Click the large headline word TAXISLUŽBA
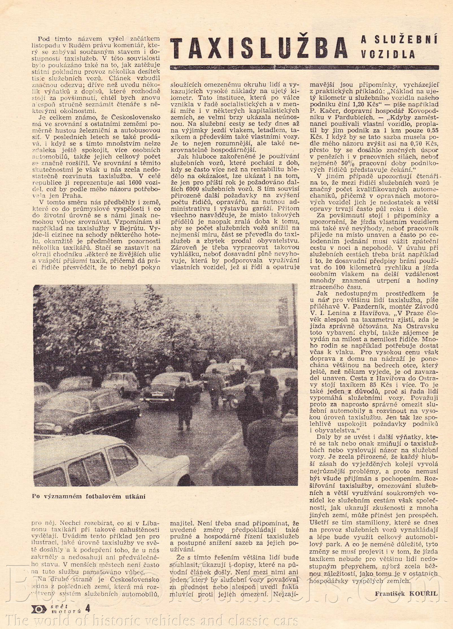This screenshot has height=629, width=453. [258, 48]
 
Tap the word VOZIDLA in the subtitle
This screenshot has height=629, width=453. [388, 54]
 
